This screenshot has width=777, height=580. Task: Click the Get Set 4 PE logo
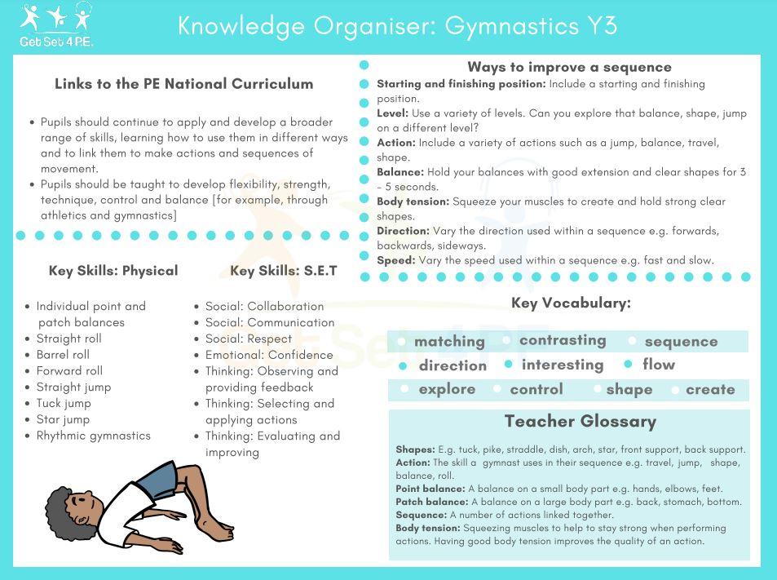point(56,25)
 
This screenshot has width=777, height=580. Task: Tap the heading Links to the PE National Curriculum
point(183,84)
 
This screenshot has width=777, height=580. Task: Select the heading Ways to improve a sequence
point(569,67)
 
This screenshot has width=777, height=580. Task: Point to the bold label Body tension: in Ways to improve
point(413,201)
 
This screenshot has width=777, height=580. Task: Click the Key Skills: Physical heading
point(113,271)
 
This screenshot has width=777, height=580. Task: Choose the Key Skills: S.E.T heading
point(283,271)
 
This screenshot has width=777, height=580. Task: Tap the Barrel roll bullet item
point(63,355)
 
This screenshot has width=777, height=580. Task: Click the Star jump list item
point(64,419)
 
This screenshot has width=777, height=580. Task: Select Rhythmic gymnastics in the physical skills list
point(93,436)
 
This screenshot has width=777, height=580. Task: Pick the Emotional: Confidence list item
point(269,355)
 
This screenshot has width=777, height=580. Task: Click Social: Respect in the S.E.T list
point(248,339)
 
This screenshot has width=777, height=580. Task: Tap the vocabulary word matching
point(449,342)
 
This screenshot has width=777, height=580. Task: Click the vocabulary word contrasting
point(563,340)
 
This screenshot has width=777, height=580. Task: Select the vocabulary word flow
point(659,365)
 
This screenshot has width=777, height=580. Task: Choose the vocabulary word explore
point(447,389)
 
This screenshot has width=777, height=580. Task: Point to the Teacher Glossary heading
point(580,422)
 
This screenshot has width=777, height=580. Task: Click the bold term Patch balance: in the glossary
point(431,502)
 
